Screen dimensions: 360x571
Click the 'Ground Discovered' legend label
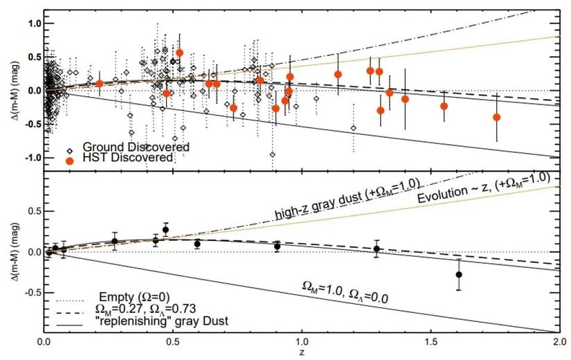[136, 147]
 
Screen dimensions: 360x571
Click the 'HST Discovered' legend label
[127, 158]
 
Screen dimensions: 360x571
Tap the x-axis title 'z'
[302, 352]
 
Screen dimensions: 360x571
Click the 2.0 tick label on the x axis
[559, 342]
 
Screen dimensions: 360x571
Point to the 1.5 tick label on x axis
[430, 342]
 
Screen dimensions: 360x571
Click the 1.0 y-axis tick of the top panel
[33, 24]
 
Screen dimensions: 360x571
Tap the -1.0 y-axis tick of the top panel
[31, 158]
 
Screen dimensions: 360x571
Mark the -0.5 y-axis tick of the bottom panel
[31, 292]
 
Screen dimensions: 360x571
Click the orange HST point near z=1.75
[496, 117]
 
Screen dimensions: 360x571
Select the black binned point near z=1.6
[459, 275]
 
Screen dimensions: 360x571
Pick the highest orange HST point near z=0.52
[179, 53]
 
